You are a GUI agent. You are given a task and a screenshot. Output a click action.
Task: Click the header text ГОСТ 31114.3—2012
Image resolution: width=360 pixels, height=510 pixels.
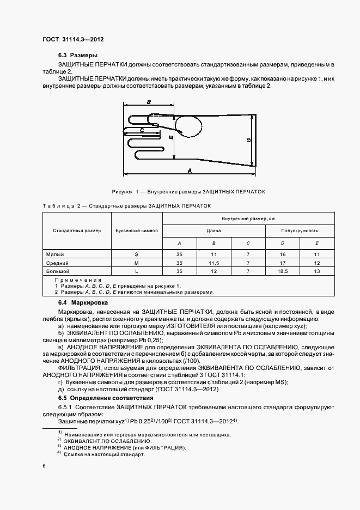click(x=72, y=39)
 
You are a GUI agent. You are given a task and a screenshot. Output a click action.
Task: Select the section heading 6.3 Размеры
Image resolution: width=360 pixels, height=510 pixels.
click(x=78, y=56)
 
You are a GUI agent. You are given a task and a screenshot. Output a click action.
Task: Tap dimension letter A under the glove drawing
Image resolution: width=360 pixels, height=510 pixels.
click(x=190, y=171)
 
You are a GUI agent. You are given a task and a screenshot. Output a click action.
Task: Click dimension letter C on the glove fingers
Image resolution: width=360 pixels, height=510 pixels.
click(x=142, y=130)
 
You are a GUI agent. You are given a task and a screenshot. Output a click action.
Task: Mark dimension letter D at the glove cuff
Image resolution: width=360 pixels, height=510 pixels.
click(x=248, y=141)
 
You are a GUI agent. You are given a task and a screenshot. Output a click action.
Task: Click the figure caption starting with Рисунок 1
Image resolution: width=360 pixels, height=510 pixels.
click(x=188, y=192)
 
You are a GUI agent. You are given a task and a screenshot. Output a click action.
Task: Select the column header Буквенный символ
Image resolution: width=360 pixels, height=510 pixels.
click(x=137, y=230)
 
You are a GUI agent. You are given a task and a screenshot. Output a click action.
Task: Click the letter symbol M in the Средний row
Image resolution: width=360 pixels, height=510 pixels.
click(x=137, y=263)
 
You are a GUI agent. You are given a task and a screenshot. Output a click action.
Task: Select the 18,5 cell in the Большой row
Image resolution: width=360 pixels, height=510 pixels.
click(x=282, y=271)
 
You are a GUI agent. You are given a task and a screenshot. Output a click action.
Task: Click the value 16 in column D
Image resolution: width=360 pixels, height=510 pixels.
click(x=282, y=254)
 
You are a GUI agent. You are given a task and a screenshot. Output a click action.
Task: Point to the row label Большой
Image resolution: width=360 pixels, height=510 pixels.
click(x=58, y=271)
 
